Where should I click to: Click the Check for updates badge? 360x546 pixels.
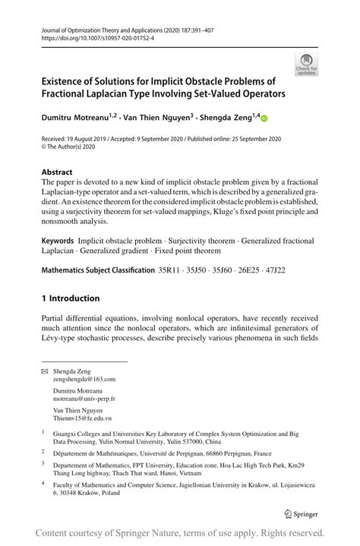tap(307, 64)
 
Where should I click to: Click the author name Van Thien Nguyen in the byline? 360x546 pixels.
tap(150, 118)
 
